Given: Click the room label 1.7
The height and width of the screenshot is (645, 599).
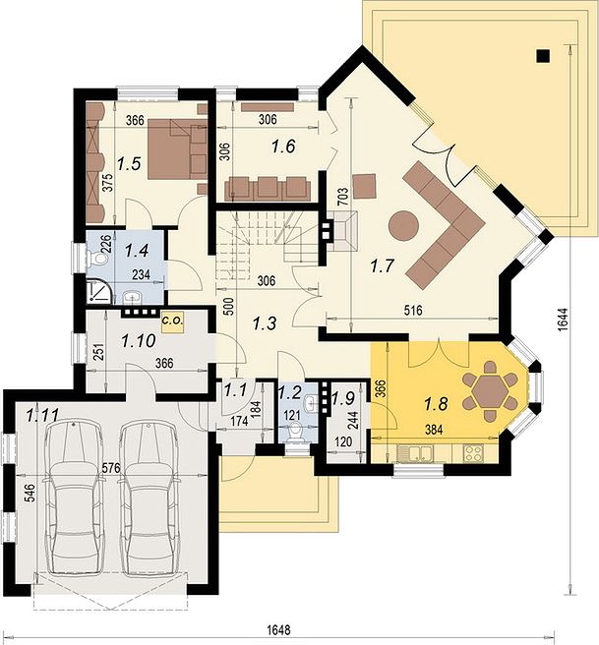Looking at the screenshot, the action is click(383, 265).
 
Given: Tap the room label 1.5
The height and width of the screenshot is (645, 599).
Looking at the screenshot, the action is click(129, 164).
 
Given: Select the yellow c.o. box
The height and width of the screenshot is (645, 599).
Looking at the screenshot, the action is click(173, 321).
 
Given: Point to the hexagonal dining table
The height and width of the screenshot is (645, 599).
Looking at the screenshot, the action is click(489, 390).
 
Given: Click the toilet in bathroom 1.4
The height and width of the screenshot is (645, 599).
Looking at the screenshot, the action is click(97, 259).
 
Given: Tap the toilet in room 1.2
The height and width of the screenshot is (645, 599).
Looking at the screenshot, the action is click(294, 432).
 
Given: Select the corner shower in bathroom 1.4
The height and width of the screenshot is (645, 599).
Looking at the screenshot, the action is click(98, 291).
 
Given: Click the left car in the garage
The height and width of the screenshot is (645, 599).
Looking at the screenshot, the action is click(74, 498).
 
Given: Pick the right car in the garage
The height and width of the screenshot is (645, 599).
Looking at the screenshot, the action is click(149, 498).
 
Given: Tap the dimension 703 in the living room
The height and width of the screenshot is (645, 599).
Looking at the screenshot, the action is click(344, 197).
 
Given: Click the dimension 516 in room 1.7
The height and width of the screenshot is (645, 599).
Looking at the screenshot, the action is click(413, 310).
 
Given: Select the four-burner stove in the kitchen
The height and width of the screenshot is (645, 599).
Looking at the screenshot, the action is click(473, 453).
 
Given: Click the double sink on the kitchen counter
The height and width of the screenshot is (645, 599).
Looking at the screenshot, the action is click(415, 453).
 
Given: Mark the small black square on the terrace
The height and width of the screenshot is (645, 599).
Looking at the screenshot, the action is click(544, 56).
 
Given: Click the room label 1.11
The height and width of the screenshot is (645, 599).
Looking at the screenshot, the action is click(42, 416).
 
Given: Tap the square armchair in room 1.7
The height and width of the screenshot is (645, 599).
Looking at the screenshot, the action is click(365, 187).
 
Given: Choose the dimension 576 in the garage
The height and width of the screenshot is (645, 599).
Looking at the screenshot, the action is click(111, 468).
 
